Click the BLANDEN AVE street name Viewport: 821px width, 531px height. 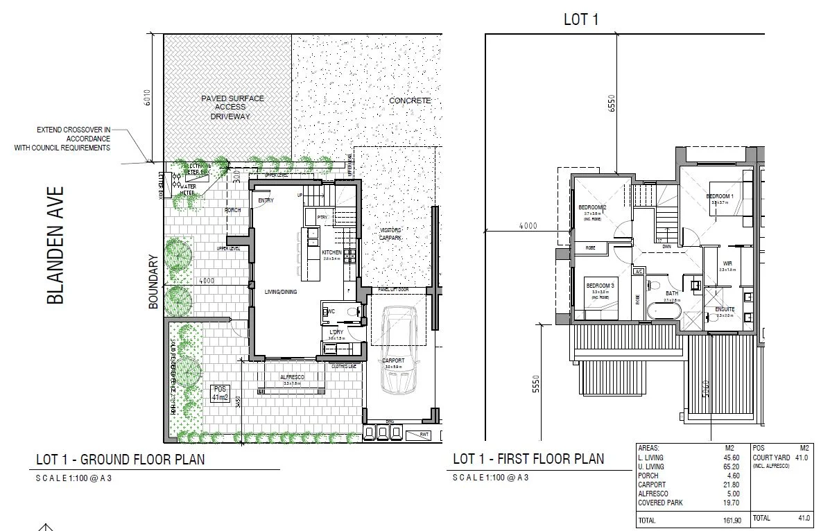click(x=55, y=245)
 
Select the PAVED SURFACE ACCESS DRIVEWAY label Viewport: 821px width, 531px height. click(x=232, y=107)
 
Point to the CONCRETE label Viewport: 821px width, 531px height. click(x=410, y=101)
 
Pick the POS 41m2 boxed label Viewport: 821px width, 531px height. click(x=221, y=393)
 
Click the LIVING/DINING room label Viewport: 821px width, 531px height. click(x=280, y=292)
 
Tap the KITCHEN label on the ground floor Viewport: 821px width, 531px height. click(x=331, y=252)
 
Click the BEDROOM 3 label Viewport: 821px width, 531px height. click(x=600, y=286)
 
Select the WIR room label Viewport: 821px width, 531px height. click(x=727, y=263)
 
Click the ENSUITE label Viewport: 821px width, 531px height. click(x=725, y=309)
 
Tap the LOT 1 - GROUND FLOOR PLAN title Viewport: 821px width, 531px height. click(x=120, y=459)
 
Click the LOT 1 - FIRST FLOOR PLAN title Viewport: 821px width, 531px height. click(x=528, y=459)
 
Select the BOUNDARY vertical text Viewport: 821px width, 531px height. click(x=154, y=282)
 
